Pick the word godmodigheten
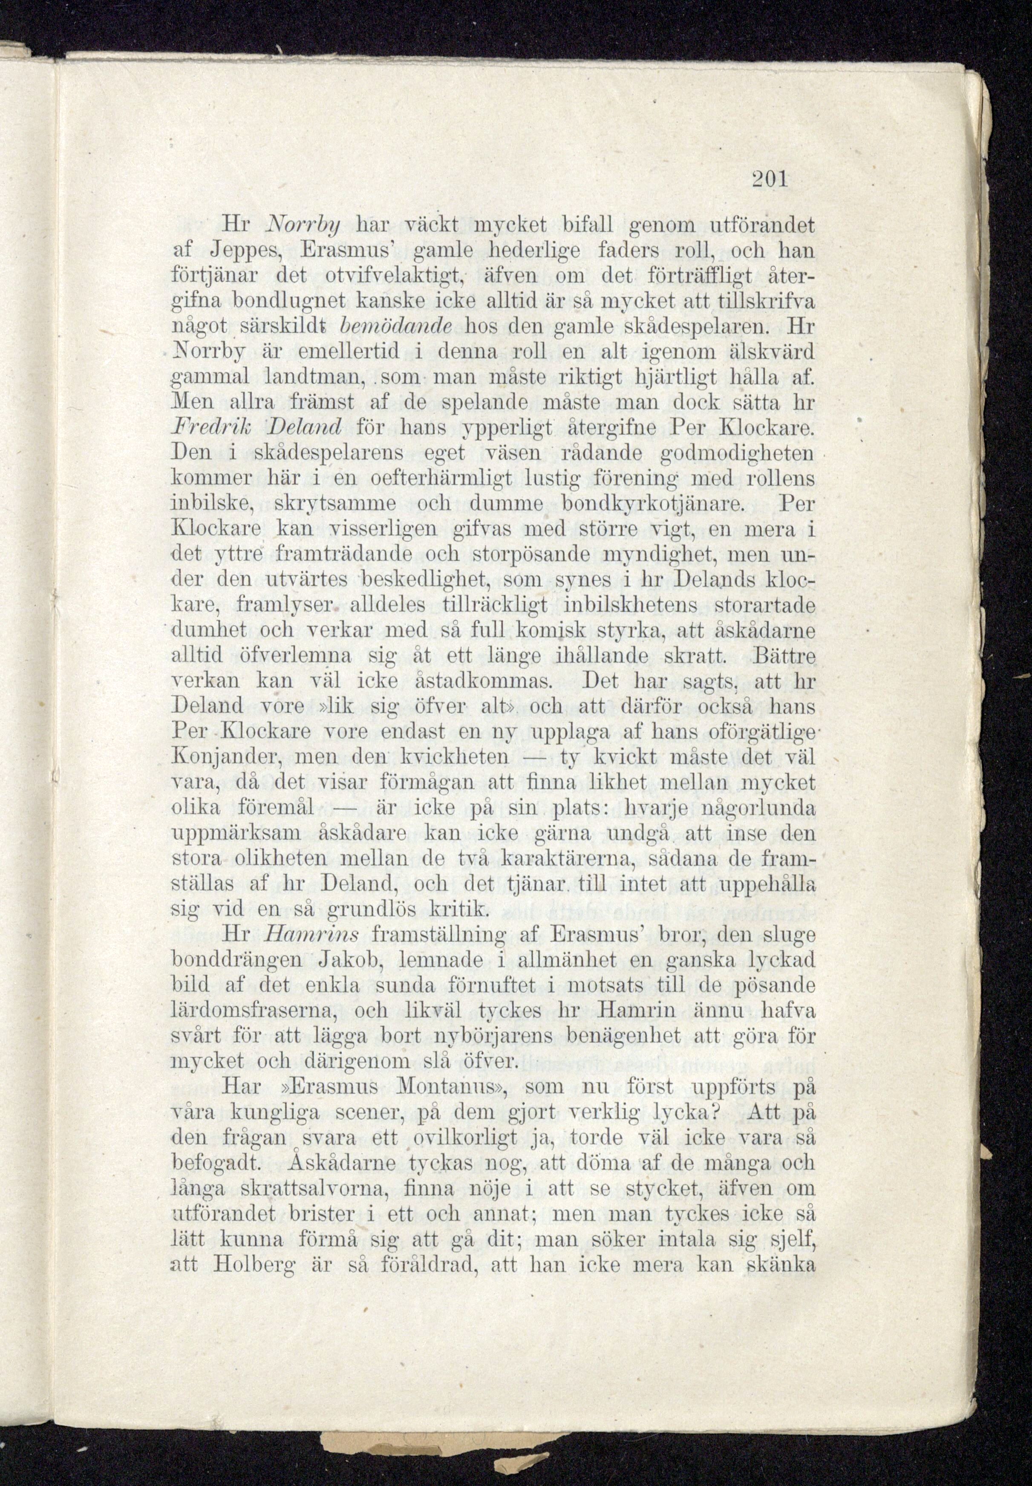pyautogui.click(x=735, y=454)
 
